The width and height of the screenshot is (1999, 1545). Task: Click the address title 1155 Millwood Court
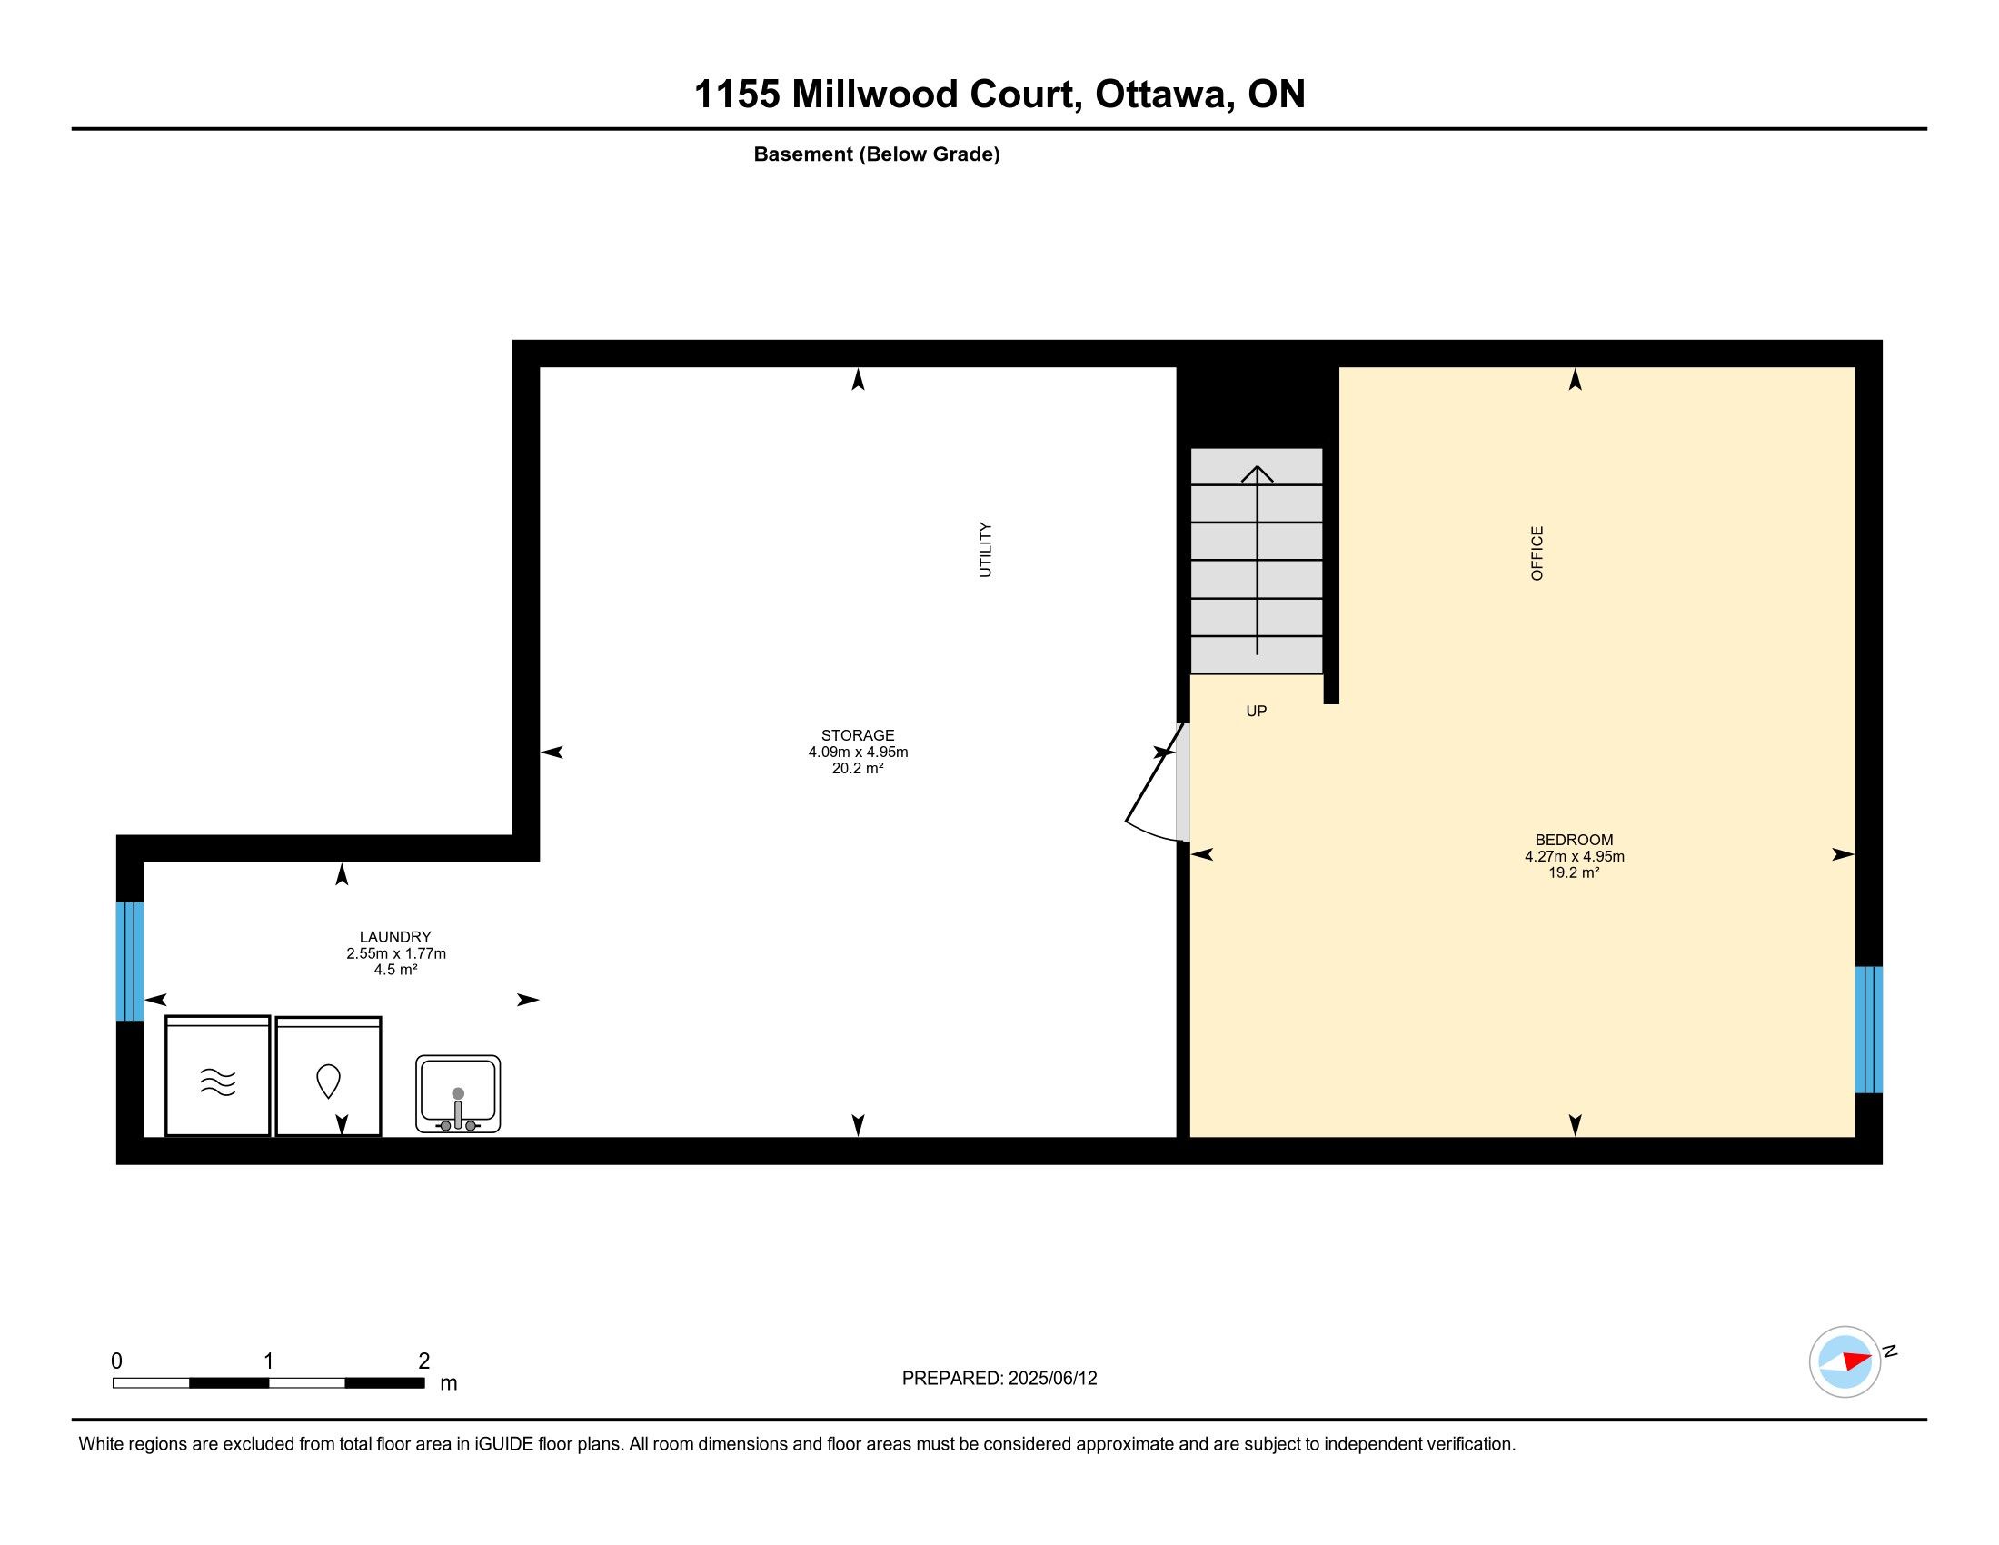[882, 94]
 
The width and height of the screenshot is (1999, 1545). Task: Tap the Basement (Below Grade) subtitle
[877, 154]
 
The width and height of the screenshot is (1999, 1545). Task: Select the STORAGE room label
[858, 735]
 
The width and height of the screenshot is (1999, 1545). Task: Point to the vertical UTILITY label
[985, 549]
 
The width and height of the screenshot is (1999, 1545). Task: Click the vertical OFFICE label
[1537, 553]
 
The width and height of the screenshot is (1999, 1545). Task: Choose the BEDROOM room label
[1575, 840]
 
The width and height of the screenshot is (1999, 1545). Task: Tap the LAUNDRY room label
[395, 936]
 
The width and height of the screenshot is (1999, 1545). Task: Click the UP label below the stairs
[1256, 712]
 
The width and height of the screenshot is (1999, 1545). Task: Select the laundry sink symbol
[458, 1093]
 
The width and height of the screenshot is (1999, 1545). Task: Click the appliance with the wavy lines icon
[218, 1075]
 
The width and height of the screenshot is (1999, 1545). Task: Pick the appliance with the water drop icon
[329, 1076]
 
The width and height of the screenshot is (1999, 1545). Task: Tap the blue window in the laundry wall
[130, 961]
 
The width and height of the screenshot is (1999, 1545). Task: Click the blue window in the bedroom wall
[1868, 1030]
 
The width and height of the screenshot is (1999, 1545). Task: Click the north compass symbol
[1845, 1361]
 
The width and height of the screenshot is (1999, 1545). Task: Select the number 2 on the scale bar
[423, 1361]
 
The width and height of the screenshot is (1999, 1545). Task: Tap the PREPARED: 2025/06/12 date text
[999, 1379]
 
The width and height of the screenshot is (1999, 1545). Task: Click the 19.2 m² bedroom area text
[1575, 873]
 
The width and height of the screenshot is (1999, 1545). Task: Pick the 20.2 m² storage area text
[858, 769]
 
